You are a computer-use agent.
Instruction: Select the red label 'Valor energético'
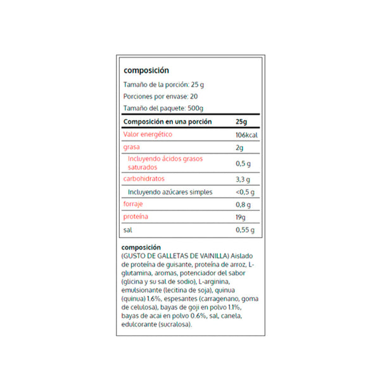(x=147, y=134)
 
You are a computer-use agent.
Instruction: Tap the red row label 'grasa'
(x=131, y=147)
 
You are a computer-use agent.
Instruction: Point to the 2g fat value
(x=239, y=148)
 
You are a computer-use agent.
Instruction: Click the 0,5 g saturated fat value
(x=243, y=163)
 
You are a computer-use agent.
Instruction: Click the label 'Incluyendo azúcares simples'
(x=170, y=192)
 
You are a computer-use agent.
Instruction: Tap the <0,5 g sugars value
(x=244, y=193)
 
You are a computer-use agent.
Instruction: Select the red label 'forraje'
(x=133, y=204)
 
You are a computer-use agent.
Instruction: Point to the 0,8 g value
(x=243, y=205)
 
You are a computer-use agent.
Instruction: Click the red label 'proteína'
(x=136, y=217)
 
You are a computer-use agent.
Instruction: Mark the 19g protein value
(x=240, y=217)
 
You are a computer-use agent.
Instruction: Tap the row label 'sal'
(x=127, y=229)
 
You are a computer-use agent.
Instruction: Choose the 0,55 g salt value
(x=244, y=230)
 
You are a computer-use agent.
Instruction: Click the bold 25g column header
(x=241, y=122)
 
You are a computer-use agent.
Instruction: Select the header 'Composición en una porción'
(x=167, y=122)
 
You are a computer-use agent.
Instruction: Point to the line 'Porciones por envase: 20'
(x=160, y=96)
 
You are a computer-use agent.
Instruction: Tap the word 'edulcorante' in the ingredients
(x=137, y=324)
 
